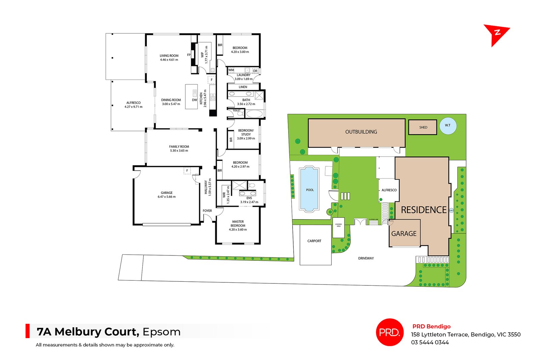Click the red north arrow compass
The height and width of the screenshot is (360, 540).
point(495,34)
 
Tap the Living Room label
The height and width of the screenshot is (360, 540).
point(169,56)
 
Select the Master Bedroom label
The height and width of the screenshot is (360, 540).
point(238,224)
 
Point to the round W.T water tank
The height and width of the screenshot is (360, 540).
point(448,126)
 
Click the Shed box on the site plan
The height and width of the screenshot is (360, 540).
point(423,127)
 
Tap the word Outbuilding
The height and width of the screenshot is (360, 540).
point(361,132)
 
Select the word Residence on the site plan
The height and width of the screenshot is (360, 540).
point(424,210)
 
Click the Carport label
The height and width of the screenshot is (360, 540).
point(314,241)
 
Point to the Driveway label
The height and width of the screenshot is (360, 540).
point(366,258)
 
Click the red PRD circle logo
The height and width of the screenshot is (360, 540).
point(390,332)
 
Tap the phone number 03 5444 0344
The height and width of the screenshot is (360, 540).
point(430,342)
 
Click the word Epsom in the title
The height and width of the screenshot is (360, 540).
point(161,332)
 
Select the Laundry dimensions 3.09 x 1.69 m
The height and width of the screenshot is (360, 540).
point(243,79)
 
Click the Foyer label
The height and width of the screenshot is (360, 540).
point(207,211)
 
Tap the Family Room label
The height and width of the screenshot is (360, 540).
point(179,147)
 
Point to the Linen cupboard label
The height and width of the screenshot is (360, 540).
point(243,87)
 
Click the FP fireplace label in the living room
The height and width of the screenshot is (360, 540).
point(189,55)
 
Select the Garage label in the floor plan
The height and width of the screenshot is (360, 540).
point(167,193)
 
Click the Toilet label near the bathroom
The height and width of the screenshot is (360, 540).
point(237,110)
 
